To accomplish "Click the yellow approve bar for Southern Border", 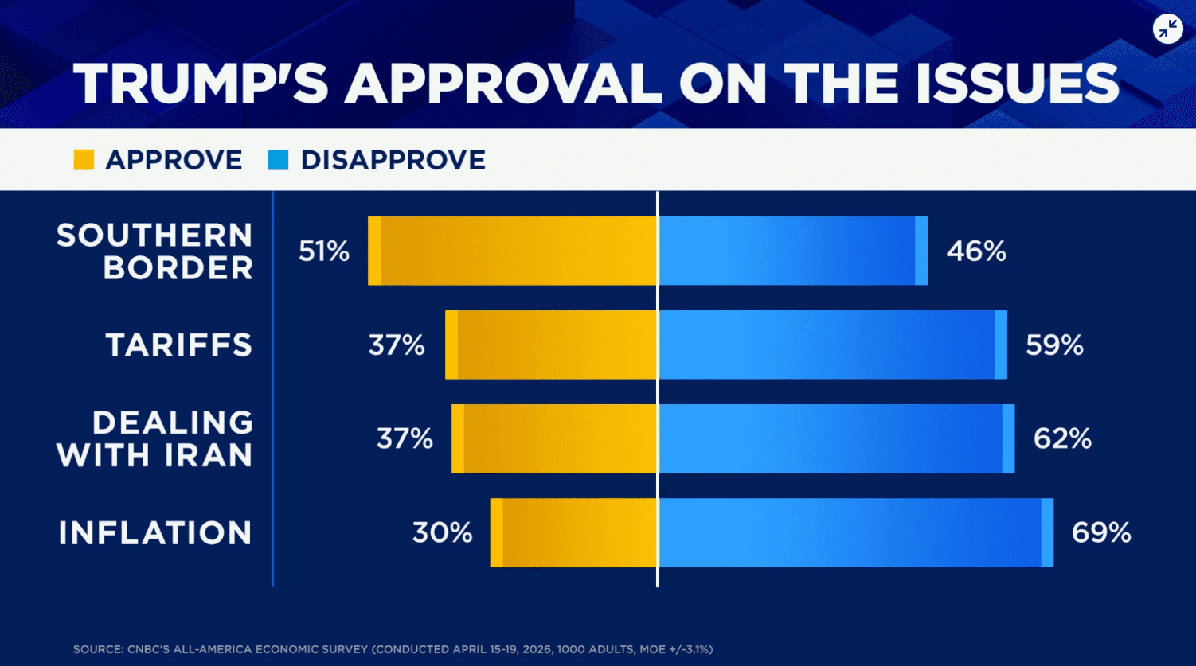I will pos(512,251).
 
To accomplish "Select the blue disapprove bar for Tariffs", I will pos(832,345).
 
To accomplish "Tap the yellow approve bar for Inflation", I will pos(573,532).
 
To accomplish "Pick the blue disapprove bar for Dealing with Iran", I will pos(836,438).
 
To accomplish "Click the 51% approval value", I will pos(324,251).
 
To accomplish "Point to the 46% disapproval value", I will pos(976,251).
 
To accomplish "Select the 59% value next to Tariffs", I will pos(1054,345).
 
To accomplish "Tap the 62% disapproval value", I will pos(1062,438).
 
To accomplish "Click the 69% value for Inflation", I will pos(1101,532).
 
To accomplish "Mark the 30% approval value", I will pos(442,532).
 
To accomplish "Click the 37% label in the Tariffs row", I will pos(397,345).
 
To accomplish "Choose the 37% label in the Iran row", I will pos(405,438).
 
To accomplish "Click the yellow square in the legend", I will pos(84,160).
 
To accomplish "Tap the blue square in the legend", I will pos(278,160).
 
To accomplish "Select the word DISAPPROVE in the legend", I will pos(393,160).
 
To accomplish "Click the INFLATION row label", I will pos(155,532).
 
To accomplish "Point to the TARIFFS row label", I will pos(179,345).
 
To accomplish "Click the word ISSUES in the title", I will pos(1017,83).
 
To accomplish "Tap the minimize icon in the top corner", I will pos(1167,29).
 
